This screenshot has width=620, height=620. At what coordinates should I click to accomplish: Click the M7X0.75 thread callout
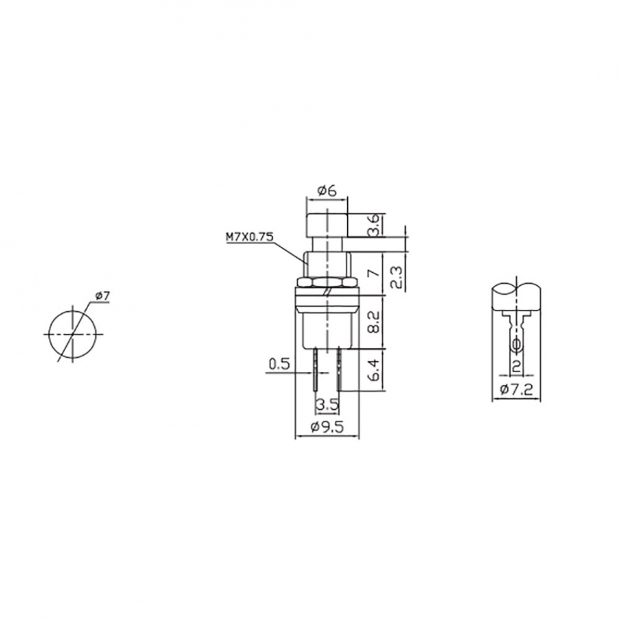click(249, 237)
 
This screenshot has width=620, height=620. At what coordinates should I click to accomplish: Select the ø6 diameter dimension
click(326, 191)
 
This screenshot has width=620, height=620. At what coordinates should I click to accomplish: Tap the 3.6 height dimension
click(374, 225)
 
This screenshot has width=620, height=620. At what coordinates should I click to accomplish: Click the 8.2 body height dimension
click(374, 322)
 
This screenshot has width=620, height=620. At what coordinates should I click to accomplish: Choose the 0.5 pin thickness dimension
click(279, 364)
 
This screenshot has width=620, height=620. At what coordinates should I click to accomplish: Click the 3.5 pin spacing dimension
click(328, 404)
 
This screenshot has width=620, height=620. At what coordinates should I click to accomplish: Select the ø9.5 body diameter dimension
click(328, 427)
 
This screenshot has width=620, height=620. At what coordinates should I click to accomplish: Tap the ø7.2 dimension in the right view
click(516, 390)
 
